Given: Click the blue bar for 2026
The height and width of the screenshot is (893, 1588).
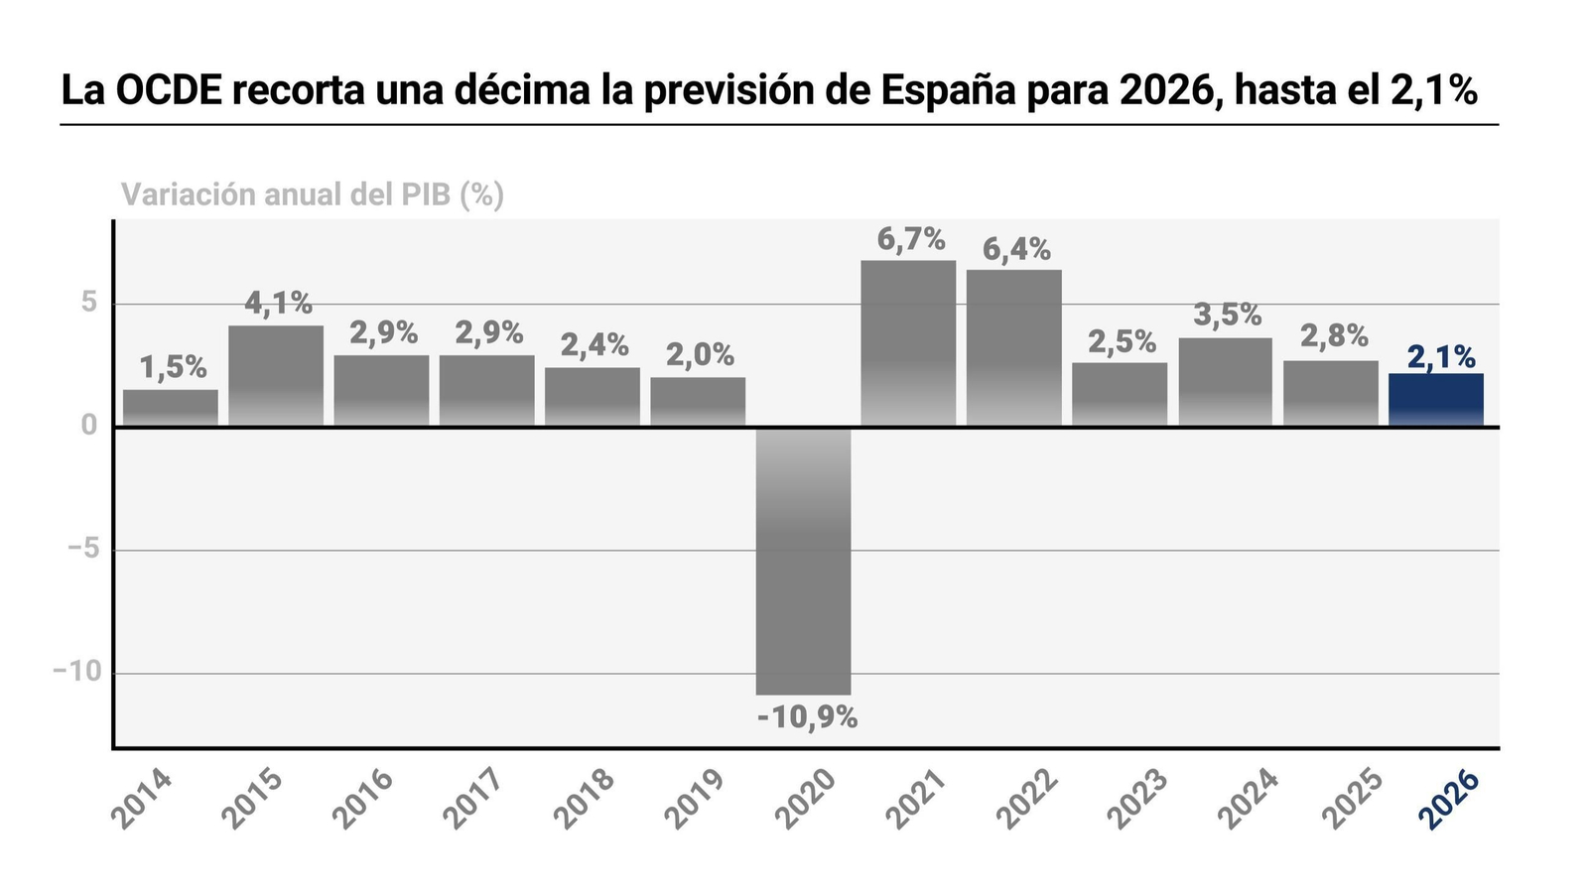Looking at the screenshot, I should pyautogui.click(x=1435, y=400).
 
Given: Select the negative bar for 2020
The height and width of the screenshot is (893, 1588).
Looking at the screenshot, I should pyautogui.click(x=803, y=561).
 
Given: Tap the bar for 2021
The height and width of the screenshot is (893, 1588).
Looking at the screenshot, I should pyautogui.click(x=908, y=343).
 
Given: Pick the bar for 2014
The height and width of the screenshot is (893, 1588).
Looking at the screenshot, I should pyautogui.click(x=171, y=408).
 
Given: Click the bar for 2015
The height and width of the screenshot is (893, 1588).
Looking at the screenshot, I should pyautogui.click(x=276, y=376).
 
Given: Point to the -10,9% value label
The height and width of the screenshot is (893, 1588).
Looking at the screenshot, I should pyautogui.click(x=807, y=717).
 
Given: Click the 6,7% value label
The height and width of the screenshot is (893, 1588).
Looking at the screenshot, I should pyautogui.click(x=910, y=239).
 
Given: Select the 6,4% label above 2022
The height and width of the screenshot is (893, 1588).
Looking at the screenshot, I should pyautogui.click(x=1016, y=249).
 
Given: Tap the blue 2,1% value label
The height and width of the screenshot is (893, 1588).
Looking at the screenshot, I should pyautogui.click(x=1440, y=356).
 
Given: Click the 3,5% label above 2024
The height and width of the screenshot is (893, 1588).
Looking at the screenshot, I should pyautogui.click(x=1228, y=316).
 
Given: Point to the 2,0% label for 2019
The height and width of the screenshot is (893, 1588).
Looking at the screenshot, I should pyautogui.click(x=700, y=354).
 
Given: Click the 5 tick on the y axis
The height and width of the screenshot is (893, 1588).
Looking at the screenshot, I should pyautogui.click(x=89, y=303).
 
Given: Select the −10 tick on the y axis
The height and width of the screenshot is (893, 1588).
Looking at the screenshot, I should pyautogui.click(x=77, y=672).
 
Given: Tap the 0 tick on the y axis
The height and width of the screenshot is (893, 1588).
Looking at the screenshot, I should pyautogui.click(x=89, y=426).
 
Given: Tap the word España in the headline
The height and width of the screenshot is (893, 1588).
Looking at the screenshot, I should pyautogui.click(x=947, y=91).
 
